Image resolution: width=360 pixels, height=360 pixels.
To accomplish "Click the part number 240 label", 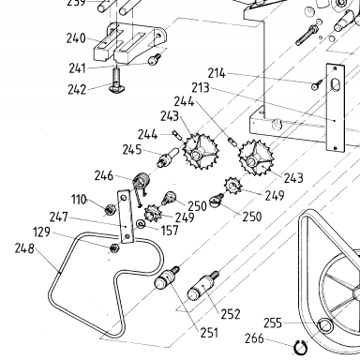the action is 76,38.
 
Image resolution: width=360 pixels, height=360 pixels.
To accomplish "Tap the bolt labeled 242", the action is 116,80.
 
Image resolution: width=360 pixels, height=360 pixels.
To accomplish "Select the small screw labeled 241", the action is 155,59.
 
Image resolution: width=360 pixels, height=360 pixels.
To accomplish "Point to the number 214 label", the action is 217,73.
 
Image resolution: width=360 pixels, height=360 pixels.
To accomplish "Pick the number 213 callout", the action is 201,88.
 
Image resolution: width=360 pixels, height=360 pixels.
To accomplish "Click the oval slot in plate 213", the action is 335,84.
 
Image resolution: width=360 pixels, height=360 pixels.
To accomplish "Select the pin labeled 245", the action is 169,157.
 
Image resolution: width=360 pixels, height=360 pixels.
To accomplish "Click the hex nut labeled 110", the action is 110,210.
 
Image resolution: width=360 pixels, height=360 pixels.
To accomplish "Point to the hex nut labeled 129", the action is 115,248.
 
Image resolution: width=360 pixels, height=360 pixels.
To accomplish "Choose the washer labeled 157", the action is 141,224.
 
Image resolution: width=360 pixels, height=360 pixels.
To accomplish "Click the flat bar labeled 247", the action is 126,217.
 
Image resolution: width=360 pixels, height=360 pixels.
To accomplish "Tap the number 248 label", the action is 24,248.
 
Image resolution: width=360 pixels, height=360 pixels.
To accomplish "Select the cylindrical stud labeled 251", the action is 167,277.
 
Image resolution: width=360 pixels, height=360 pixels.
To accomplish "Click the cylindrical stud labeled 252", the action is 203,286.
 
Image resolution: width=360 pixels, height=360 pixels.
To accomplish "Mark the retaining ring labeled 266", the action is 302,348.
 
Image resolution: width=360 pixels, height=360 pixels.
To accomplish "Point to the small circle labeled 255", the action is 325,325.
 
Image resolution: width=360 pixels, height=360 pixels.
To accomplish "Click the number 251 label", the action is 210,333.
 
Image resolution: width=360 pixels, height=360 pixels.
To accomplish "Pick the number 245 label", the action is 132,150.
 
